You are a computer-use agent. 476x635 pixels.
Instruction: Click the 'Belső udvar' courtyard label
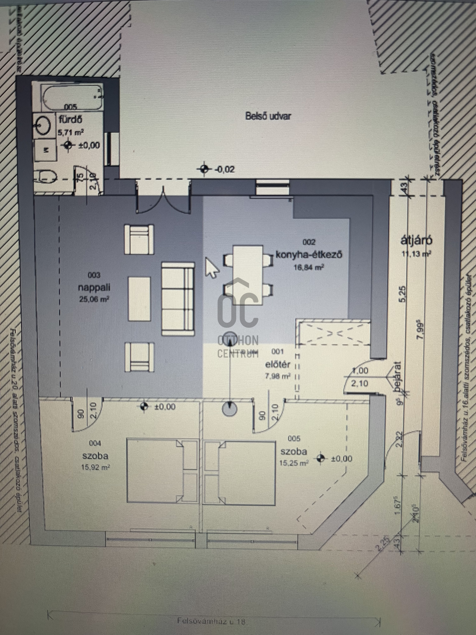point(268,116)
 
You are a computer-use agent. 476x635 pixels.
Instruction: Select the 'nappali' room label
point(94,288)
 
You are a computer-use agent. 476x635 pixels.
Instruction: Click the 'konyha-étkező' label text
point(309,254)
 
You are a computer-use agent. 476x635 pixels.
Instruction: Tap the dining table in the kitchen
point(248,275)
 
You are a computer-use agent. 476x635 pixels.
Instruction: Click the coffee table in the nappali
point(139,299)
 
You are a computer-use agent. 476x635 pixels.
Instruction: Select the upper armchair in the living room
point(139,239)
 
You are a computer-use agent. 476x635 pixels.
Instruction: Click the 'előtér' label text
point(278,364)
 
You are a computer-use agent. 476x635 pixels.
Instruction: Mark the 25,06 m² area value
point(94,299)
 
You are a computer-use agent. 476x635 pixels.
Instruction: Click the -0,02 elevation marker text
point(225,169)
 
